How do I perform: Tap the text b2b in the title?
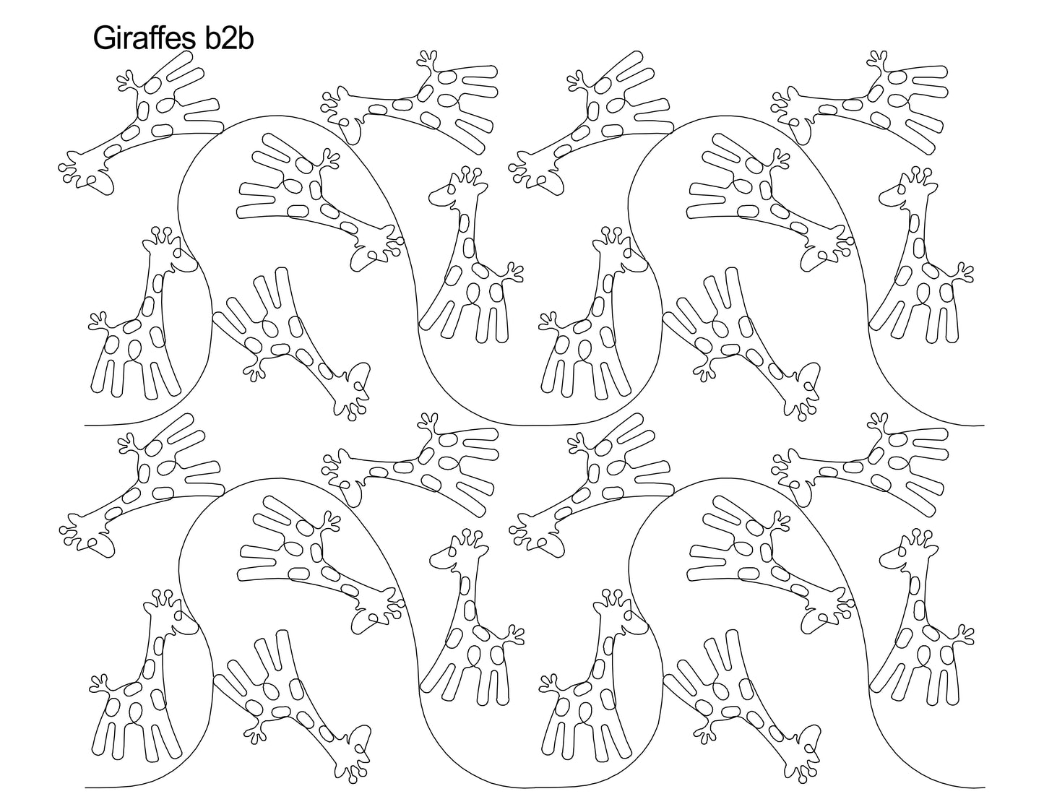[x=229, y=38]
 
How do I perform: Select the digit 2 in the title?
[x=229, y=38]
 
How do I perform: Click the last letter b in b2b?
[x=246, y=38]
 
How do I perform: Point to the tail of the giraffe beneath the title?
[x=127, y=80]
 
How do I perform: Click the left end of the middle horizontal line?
[x=85, y=425]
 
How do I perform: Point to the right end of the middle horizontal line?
[x=985, y=425]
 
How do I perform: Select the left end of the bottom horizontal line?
[x=85, y=787]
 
